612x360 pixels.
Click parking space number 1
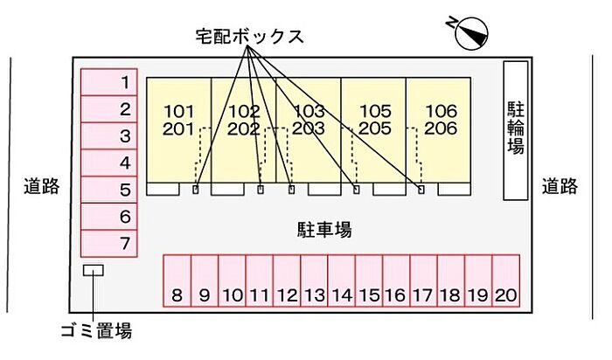(x=109, y=83)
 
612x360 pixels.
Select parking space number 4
(x=109, y=163)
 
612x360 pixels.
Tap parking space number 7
(x=109, y=243)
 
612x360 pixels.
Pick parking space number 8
(x=177, y=281)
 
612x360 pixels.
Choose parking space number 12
(x=286, y=281)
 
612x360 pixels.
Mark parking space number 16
(x=395, y=281)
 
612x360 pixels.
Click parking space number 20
(x=504, y=281)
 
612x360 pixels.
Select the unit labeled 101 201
(x=178, y=121)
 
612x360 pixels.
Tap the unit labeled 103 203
(x=308, y=121)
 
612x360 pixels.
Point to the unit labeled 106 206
(x=440, y=121)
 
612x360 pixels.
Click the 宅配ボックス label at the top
(x=249, y=37)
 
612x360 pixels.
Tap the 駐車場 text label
(x=323, y=230)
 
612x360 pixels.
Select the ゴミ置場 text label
(x=96, y=331)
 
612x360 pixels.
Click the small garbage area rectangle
(x=93, y=271)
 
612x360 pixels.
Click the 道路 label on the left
(x=41, y=186)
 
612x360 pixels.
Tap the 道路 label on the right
(x=560, y=186)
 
